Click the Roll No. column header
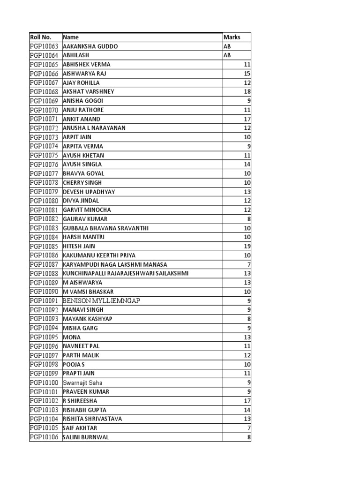(x=39, y=37)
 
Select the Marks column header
(x=232, y=37)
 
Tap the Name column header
(x=71, y=37)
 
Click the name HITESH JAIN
(x=79, y=246)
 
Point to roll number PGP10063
(x=44, y=46)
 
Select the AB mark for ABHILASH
(x=227, y=55)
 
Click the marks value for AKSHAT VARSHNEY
(x=247, y=92)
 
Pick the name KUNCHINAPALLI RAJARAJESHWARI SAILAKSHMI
(x=126, y=273)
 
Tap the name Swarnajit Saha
(x=82, y=382)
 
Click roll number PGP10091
(x=44, y=300)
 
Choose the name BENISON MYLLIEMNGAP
(x=101, y=300)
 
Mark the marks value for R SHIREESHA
(x=247, y=401)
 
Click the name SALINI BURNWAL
(x=85, y=437)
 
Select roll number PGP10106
(x=44, y=437)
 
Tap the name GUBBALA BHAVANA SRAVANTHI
(x=105, y=228)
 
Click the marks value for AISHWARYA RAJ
(x=247, y=74)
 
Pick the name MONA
(x=72, y=337)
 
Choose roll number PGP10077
(x=44, y=173)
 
